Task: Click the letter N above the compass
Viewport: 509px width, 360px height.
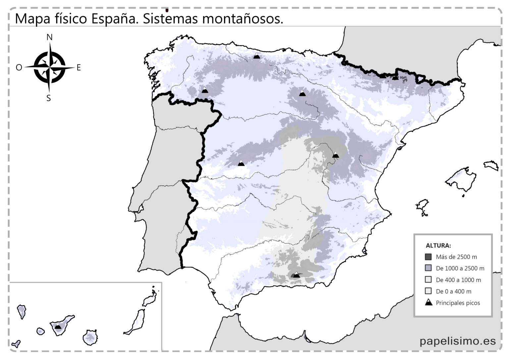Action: (49, 37)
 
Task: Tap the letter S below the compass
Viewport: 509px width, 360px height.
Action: (49, 98)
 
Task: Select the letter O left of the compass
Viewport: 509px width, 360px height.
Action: (19, 68)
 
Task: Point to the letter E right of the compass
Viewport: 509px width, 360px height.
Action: (79, 68)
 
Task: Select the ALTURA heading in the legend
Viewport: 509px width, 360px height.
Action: (438, 246)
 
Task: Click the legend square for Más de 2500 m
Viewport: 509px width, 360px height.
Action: (428, 257)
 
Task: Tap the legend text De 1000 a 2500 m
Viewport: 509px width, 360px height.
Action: (460, 268)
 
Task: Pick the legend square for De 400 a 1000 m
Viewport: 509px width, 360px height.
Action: (428, 279)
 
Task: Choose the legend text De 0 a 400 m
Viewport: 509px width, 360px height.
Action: (453, 291)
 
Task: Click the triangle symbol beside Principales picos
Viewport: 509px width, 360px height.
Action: (428, 302)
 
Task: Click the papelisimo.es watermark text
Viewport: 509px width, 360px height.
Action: (458, 341)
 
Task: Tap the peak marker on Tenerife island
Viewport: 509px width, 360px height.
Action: (58, 326)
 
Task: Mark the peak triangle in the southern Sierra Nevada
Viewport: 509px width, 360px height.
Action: (296, 275)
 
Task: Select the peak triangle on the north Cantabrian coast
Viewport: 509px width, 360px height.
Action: (256, 56)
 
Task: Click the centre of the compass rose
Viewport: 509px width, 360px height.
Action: (49, 67)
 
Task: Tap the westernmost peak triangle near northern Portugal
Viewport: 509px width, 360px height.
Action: (205, 90)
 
